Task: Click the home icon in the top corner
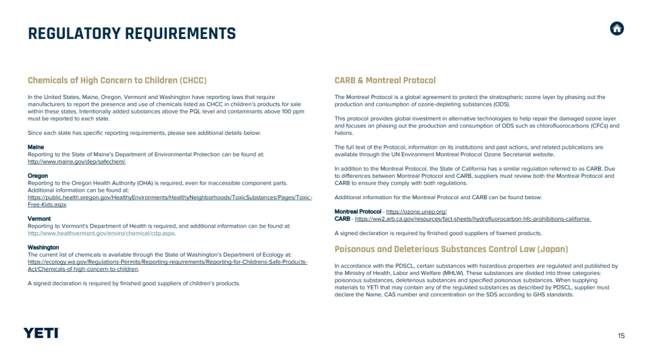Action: (x=617, y=28)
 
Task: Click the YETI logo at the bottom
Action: (x=41, y=333)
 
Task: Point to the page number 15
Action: (x=621, y=335)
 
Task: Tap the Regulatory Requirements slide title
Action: (x=132, y=33)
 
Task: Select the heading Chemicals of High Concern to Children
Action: (x=117, y=81)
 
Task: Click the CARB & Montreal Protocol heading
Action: (x=385, y=81)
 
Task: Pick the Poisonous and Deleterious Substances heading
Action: (x=451, y=249)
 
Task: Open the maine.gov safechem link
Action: (x=76, y=161)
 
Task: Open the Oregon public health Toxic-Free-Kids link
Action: (x=170, y=197)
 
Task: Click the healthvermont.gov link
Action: (x=101, y=233)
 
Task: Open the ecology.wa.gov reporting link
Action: (x=167, y=261)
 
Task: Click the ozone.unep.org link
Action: (x=416, y=211)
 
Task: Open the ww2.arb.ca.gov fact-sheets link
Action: (x=473, y=219)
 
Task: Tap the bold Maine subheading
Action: (x=36, y=147)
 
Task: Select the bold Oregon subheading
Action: (x=38, y=176)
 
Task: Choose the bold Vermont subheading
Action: (x=39, y=218)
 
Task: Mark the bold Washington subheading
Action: (x=44, y=247)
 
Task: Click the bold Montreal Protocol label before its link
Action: (x=358, y=211)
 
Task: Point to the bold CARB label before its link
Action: (x=342, y=219)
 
